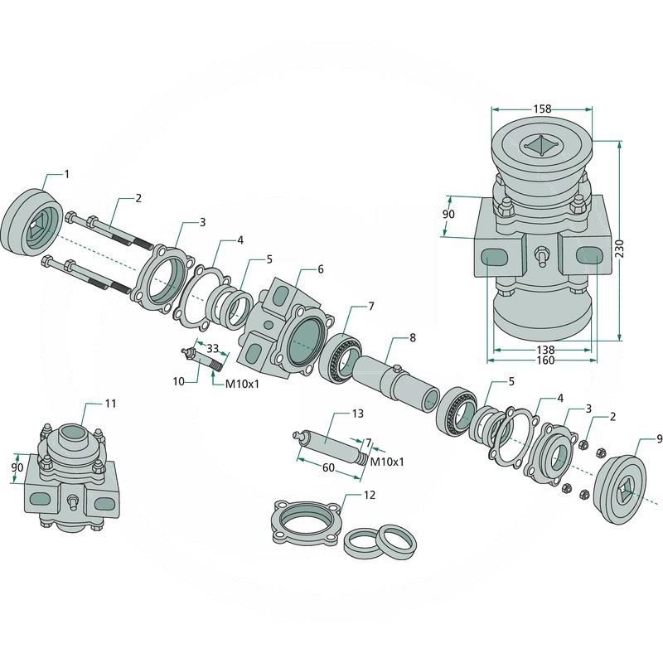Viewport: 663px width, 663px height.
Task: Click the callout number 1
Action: (x=66, y=174)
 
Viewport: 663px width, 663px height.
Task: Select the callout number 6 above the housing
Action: (x=321, y=269)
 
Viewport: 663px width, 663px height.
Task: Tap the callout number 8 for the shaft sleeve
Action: (x=412, y=338)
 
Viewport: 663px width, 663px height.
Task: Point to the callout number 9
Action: (x=659, y=440)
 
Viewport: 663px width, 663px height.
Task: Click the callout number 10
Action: (x=178, y=381)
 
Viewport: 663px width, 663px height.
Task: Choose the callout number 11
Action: (x=110, y=404)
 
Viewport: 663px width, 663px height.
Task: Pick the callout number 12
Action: (x=370, y=495)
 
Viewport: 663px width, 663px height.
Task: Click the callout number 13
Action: (x=358, y=413)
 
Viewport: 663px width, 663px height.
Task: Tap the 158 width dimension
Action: (x=542, y=109)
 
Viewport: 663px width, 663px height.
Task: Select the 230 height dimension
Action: (x=619, y=248)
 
